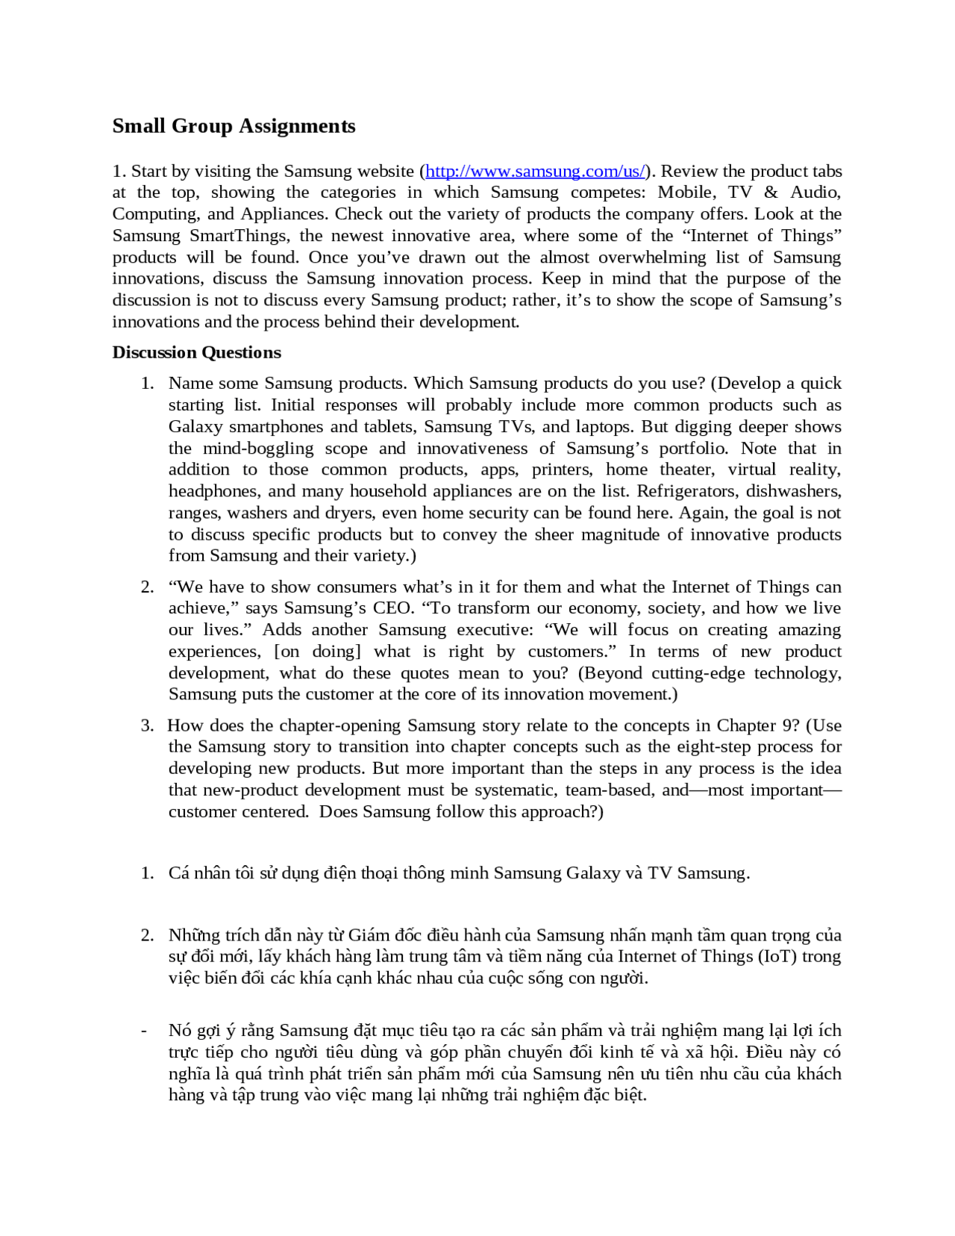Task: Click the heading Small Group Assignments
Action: point(234,125)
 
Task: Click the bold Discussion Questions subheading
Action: point(196,352)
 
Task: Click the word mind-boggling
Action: point(258,449)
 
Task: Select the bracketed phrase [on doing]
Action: point(318,652)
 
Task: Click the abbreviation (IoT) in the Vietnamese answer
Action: point(777,957)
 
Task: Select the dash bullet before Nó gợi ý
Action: point(143,1031)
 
